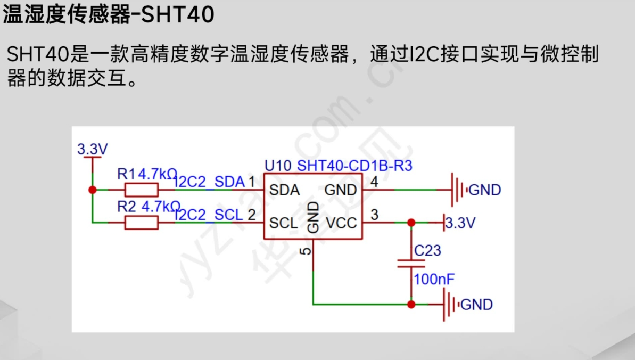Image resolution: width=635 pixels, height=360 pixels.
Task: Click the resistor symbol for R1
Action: click(x=141, y=190)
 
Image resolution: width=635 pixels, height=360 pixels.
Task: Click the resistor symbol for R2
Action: click(x=141, y=222)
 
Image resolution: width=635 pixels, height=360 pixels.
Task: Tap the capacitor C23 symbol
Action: click(x=411, y=263)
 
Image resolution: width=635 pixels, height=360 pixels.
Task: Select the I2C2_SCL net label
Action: click(x=209, y=215)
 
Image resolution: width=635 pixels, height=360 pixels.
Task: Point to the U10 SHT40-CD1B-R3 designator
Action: click(x=338, y=166)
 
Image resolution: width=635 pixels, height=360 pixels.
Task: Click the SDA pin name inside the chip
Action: click(x=284, y=190)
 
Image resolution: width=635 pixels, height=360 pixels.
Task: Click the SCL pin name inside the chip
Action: click(x=283, y=223)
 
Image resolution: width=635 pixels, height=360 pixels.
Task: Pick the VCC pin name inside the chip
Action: click(x=341, y=223)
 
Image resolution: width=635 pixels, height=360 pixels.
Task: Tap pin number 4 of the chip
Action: click(x=374, y=182)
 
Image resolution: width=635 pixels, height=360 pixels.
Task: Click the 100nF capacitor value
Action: click(x=434, y=279)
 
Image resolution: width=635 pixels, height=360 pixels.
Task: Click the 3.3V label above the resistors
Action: click(x=92, y=149)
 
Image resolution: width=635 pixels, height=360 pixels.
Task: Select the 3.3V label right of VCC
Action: click(x=460, y=223)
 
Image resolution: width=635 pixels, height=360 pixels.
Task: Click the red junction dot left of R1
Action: click(x=92, y=190)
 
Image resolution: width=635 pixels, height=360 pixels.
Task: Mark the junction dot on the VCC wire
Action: click(x=411, y=222)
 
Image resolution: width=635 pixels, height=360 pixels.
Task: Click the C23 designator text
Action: click(x=428, y=250)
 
